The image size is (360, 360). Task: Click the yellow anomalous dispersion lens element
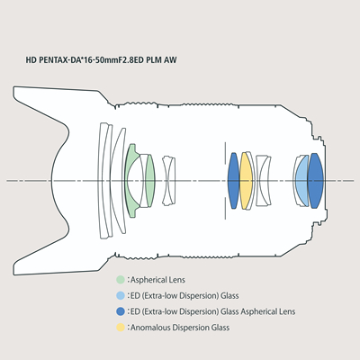[x=246, y=181]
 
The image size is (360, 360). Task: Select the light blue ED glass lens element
[x=302, y=181]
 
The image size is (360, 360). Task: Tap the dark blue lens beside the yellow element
[x=233, y=181]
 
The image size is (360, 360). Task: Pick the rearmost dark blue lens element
[x=316, y=181]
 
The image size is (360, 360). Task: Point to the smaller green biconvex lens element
[x=150, y=181]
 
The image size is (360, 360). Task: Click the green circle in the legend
[x=121, y=280]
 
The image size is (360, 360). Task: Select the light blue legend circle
[x=121, y=296]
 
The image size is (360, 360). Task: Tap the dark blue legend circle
[x=121, y=311]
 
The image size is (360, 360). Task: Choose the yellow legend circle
[x=121, y=328]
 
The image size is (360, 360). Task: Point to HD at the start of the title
[x=31, y=60]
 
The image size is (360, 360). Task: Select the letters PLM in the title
[x=154, y=60]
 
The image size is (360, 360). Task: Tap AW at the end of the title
[x=170, y=60]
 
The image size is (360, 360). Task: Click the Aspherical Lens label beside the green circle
[x=157, y=280]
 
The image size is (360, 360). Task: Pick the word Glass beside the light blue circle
[x=229, y=296]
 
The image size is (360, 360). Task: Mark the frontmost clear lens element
[x=103, y=181]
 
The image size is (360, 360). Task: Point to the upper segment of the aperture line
[x=225, y=153]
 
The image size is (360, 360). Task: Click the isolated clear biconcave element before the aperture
[x=169, y=181]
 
